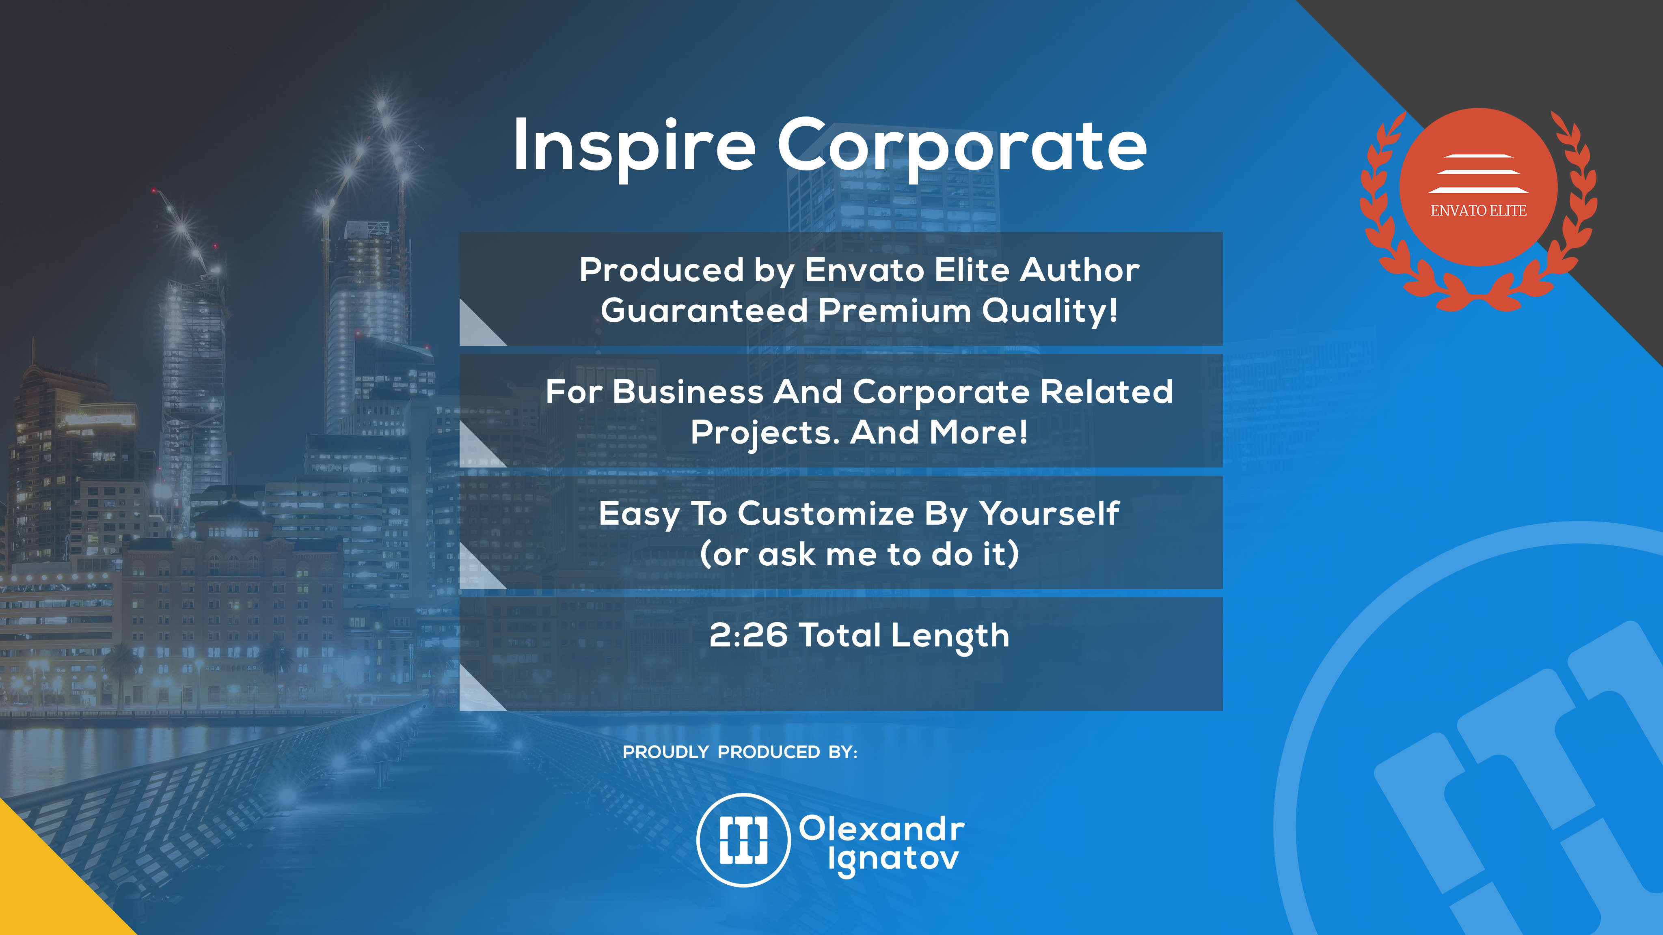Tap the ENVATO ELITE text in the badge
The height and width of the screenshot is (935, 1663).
pyautogui.click(x=1478, y=210)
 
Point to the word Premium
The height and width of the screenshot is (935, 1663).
pyautogui.click(x=895, y=310)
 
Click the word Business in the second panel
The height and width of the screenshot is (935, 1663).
pyautogui.click(x=687, y=392)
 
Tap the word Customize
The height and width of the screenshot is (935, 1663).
pyautogui.click(x=826, y=514)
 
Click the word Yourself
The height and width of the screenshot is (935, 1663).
pyautogui.click(x=1049, y=514)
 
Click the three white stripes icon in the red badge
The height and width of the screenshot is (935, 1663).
pyautogui.click(x=1478, y=174)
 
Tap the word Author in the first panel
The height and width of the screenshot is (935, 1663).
pyautogui.click(x=1080, y=270)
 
